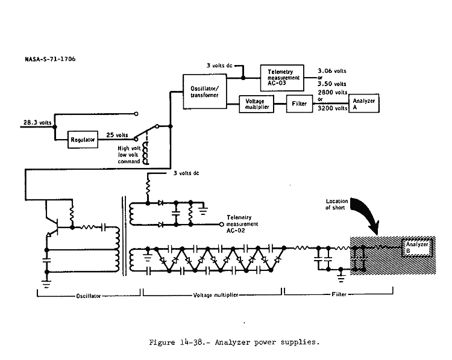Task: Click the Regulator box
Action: point(82,139)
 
